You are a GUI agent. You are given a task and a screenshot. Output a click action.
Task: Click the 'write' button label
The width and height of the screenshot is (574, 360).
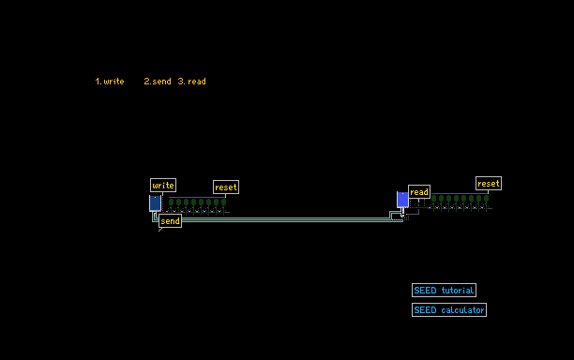[163, 185]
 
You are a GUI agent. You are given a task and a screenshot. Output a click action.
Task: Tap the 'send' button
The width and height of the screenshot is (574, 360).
[170, 221]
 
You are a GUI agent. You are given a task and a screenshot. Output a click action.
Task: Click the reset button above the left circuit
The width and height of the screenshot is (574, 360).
[226, 187]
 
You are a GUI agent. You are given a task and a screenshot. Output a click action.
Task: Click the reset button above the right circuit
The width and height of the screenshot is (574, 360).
[489, 184]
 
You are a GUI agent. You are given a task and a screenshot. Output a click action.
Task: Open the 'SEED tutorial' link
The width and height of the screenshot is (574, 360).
[444, 290]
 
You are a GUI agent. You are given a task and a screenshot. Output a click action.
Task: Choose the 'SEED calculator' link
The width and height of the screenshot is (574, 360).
[449, 310]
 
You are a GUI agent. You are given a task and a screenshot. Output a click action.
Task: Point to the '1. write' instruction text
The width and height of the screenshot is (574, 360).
[110, 82]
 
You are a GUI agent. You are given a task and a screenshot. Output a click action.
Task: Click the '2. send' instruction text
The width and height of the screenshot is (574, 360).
[158, 82]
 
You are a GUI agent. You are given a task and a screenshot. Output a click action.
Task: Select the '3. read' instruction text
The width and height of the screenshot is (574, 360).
[192, 82]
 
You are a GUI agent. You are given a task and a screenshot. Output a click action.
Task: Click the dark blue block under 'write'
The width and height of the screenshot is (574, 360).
[155, 203]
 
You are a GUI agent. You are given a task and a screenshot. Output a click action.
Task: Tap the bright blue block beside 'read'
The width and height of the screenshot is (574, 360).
[402, 200]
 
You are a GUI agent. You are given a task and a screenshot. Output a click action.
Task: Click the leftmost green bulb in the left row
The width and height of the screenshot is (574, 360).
[171, 202]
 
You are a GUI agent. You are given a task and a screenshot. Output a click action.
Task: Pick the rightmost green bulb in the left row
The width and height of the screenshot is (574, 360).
[223, 202]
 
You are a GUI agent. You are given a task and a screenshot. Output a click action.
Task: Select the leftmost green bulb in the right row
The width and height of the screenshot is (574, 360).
[434, 199]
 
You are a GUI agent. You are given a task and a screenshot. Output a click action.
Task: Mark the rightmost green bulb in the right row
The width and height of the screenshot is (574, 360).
[486, 199]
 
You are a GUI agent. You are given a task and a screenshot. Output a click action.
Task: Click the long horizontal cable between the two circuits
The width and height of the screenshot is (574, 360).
[285, 219]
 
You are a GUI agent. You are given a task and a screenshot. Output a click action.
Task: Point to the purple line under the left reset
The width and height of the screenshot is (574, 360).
[197, 197]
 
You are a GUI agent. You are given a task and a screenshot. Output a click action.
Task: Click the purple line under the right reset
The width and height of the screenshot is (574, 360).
[460, 193]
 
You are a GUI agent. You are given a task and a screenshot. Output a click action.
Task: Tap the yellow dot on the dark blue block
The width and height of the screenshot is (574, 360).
[155, 198]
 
